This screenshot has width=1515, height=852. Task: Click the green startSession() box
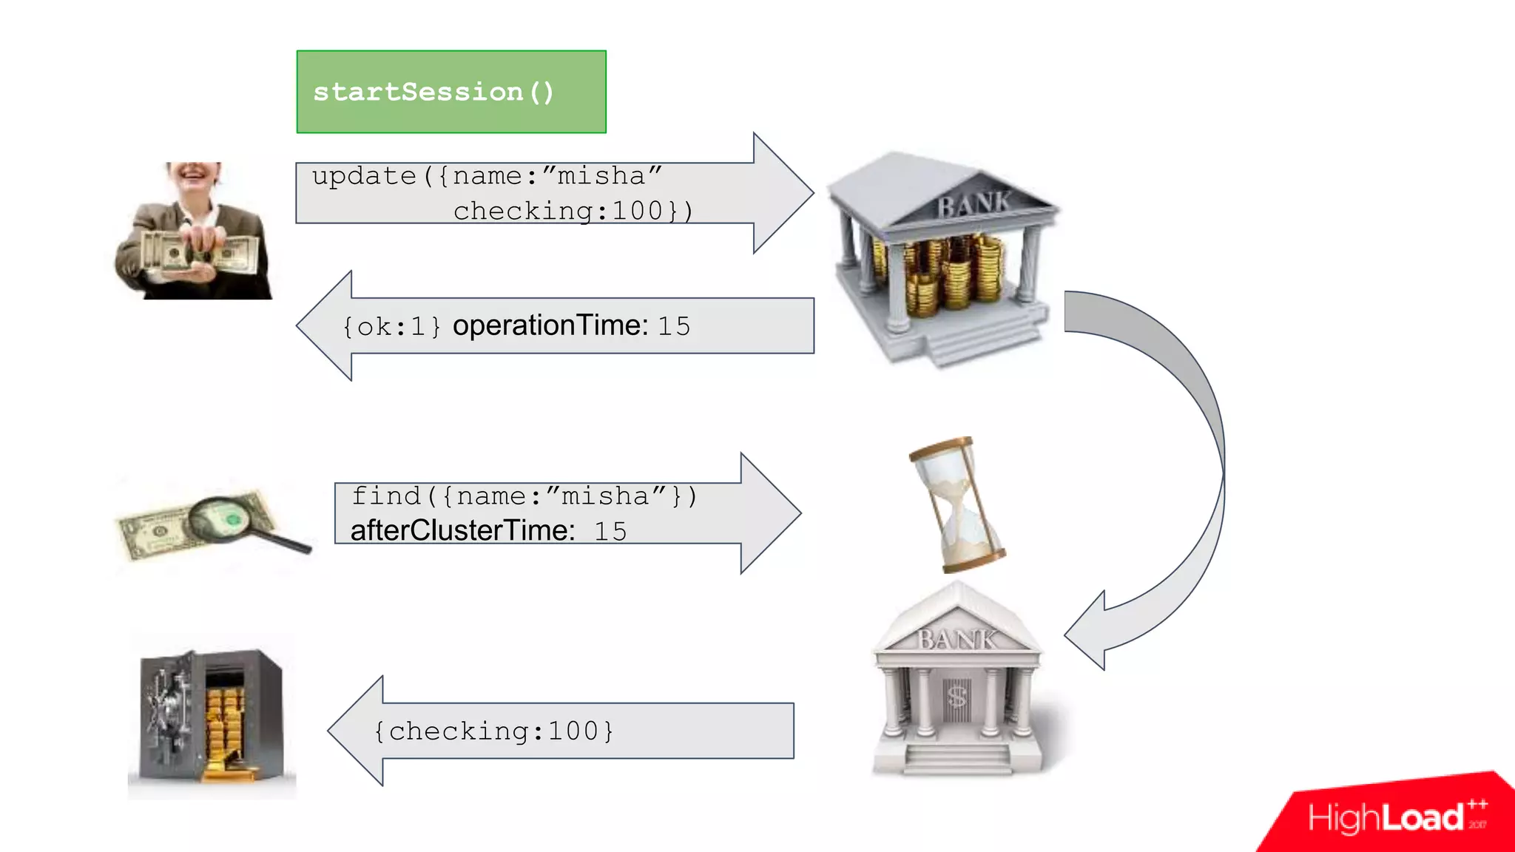pos(451,92)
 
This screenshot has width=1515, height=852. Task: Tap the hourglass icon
pos(955,504)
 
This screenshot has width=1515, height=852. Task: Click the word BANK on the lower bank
pos(957,639)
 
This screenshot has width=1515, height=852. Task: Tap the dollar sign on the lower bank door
pos(957,696)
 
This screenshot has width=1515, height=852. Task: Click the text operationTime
pos(550,325)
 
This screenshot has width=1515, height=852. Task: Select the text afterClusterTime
pos(462,530)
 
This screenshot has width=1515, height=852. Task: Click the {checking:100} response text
pos(493,731)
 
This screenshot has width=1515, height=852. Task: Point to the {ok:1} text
pos(391,326)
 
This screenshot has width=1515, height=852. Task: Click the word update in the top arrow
pos(364,176)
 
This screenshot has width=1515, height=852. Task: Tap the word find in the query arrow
pos(385,496)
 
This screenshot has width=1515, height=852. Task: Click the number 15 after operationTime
pos(674,326)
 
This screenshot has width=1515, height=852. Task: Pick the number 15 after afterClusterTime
pos(610,531)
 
